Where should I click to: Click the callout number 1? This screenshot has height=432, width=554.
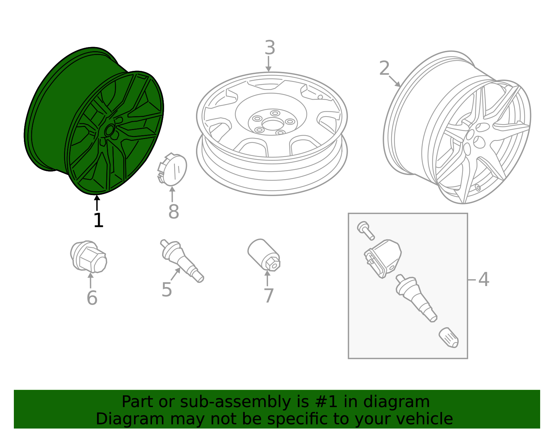[x=98, y=220]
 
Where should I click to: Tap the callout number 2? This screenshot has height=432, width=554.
[x=384, y=68]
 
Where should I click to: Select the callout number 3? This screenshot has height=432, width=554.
[x=270, y=48]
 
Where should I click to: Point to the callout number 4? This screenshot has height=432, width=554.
[x=484, y=279]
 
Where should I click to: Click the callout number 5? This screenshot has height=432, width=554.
[x=167, y=289]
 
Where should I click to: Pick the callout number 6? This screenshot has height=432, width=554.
[x=92, y=298]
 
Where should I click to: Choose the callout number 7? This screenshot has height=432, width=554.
[x=269, y=296]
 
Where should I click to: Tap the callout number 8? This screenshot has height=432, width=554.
[x=173, y=212]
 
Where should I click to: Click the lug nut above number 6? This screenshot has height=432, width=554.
[x=89, y=257]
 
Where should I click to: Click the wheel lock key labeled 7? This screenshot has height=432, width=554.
[x=264, y=255]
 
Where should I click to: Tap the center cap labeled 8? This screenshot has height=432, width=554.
[x=173, y=169]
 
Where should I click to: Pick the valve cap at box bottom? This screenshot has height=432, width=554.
[x=449, y=338]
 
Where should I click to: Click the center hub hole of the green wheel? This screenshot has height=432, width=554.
[x=109, y=130]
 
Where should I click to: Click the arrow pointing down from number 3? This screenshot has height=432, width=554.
[x=268, y=64]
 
